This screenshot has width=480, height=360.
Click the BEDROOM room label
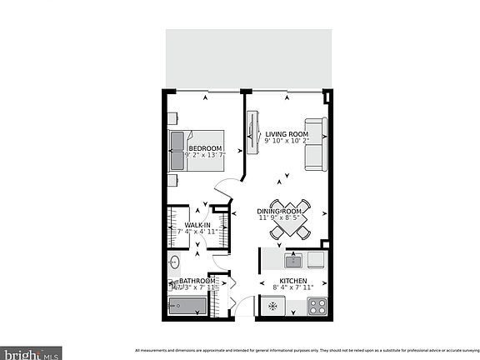205,146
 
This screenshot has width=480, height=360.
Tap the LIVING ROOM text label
287,134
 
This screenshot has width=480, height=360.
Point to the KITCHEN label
292,281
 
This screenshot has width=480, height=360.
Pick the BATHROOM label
198,282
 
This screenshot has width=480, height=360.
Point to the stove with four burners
317,307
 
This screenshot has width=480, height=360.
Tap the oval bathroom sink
174,264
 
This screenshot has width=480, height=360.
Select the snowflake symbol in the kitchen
272,307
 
